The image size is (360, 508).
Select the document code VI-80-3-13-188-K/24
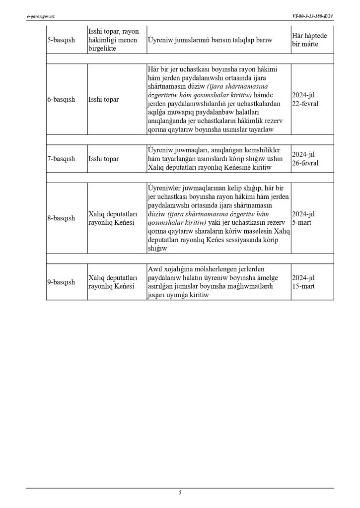(x=313, y=16)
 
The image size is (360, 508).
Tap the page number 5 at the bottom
(x=180, y=492)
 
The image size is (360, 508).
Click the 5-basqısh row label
(x=61, y=40)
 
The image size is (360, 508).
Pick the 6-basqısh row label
(x=61, y=99)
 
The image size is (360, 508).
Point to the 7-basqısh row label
(x=61, y=158)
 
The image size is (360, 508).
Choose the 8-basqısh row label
(x=61, y=218)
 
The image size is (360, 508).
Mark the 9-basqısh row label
(x=61, y=282)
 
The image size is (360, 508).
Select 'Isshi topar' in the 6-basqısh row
(x=103, y=99)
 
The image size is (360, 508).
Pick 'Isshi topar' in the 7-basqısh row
(x=103, y=158)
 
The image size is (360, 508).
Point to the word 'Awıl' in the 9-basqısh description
(x=155, y=268)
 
